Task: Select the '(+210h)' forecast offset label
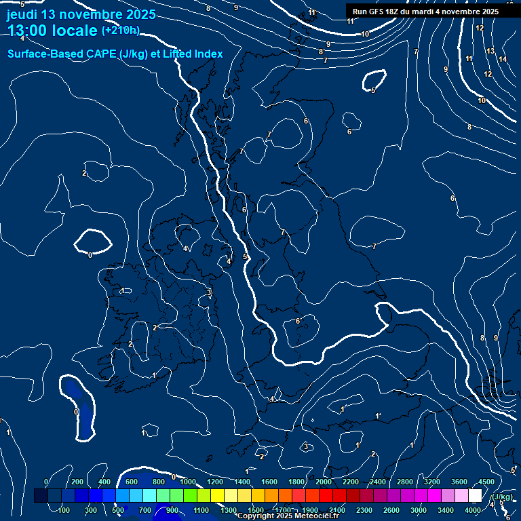tap(120, 31)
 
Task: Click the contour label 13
tap(490, 52)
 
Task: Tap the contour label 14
tap(503, 59)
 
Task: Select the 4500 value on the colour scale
tap(486, 482)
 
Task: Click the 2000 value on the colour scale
tap(324, 482)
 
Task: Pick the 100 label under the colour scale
tap(65, 510)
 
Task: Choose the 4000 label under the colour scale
tap(473, 510)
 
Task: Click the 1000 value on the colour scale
tap(187, 482)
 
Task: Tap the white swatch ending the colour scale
tap(487, 496)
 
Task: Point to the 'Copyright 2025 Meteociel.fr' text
tap(288, 516)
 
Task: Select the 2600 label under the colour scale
tap(391, 510)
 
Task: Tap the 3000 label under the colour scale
tap(419, 510)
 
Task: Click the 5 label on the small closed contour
tap(373, 90)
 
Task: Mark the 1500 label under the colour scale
tap(256, 510)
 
